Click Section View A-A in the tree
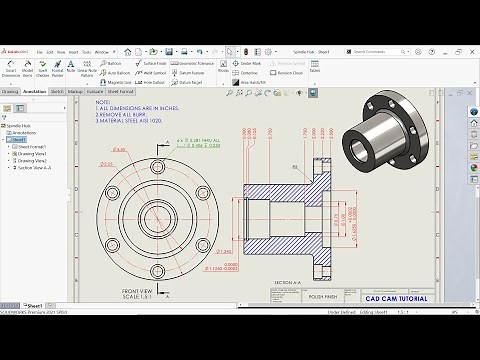(37, 167)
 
